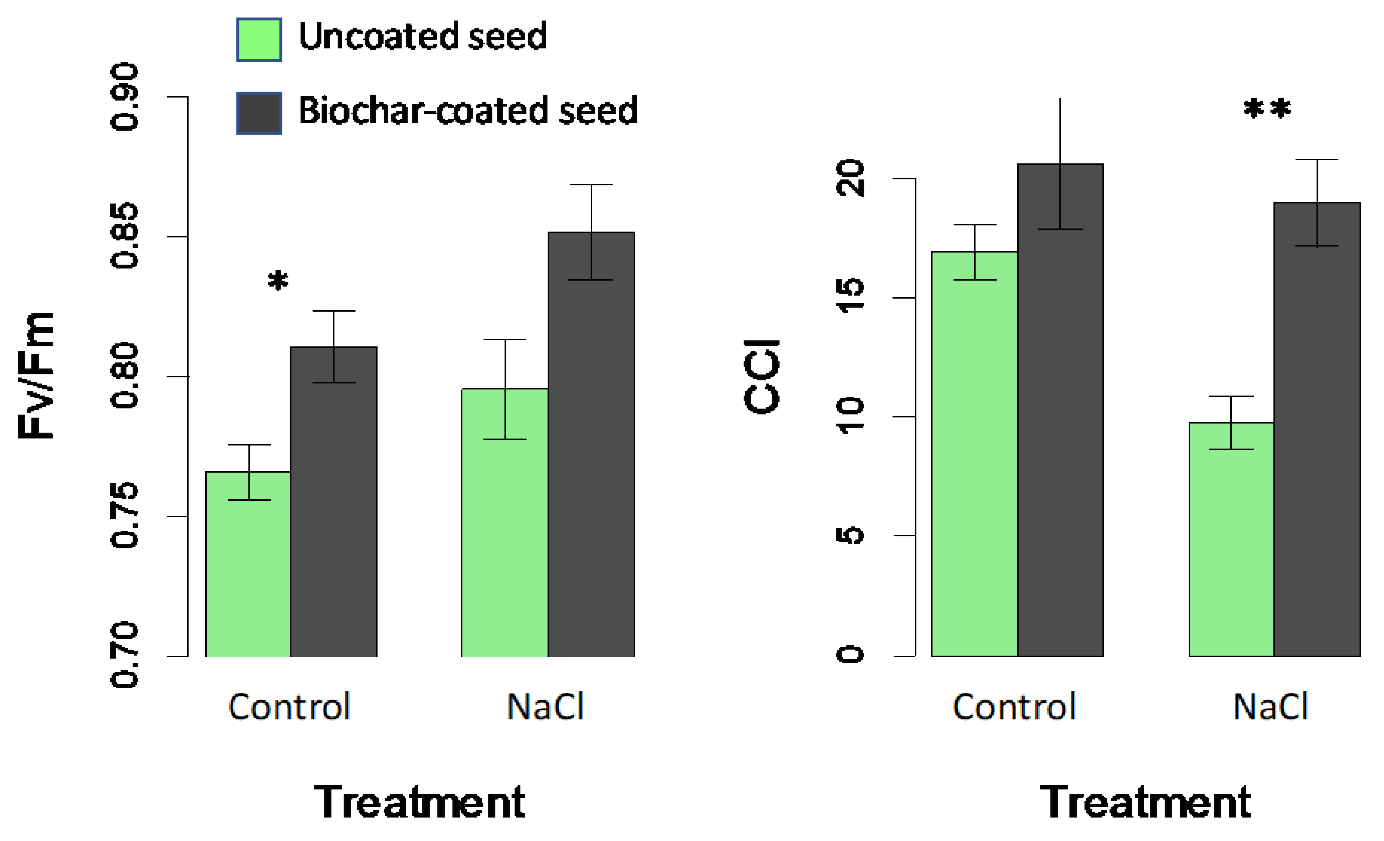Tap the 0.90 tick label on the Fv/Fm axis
click(124, 96)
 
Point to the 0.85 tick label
click(124, 236)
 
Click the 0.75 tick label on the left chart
click(124, 515)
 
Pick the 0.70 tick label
click(124, 655)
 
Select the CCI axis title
click(762, 377)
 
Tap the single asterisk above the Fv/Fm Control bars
click(278, 280)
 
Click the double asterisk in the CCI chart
click(1267, 109)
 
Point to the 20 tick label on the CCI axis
click(850, 178)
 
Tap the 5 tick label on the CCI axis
click(850, 535)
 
